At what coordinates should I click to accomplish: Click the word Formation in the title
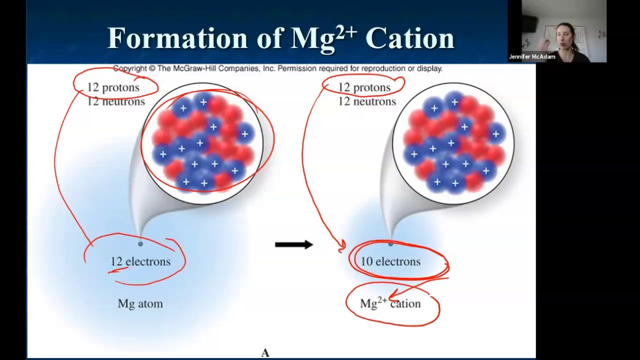177,38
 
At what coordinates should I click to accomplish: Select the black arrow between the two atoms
294,244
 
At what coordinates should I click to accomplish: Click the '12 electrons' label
140,261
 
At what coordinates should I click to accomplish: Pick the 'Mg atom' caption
140,303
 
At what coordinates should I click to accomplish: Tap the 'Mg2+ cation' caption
390,303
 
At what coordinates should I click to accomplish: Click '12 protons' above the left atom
113,87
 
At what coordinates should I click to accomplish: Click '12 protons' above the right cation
364,87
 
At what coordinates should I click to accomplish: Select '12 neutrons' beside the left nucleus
116,101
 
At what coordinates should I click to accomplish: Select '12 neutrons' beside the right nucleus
367,101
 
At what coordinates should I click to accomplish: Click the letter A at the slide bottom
265,353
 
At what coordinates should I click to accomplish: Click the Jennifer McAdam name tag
532,56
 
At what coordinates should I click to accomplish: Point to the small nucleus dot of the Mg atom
140,244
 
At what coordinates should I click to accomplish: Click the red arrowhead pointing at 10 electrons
342,245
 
